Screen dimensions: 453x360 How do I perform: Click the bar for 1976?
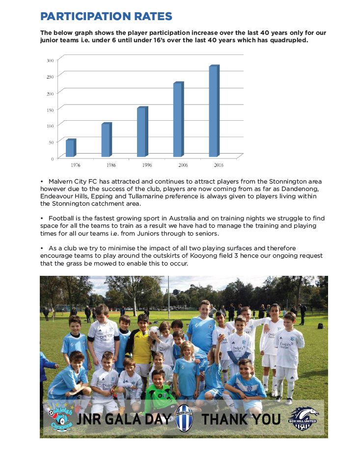coord(70,148)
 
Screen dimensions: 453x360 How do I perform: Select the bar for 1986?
coord(106,140)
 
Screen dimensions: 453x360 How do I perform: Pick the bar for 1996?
coord(142,132)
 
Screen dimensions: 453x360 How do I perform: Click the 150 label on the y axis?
coord(50,109)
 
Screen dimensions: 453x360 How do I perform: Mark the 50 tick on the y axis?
coord(51,142)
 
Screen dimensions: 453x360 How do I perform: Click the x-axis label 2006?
coord(183,165)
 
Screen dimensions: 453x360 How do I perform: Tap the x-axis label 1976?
coord(76,165)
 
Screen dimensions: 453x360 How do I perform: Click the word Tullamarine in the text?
coord(123,196)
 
